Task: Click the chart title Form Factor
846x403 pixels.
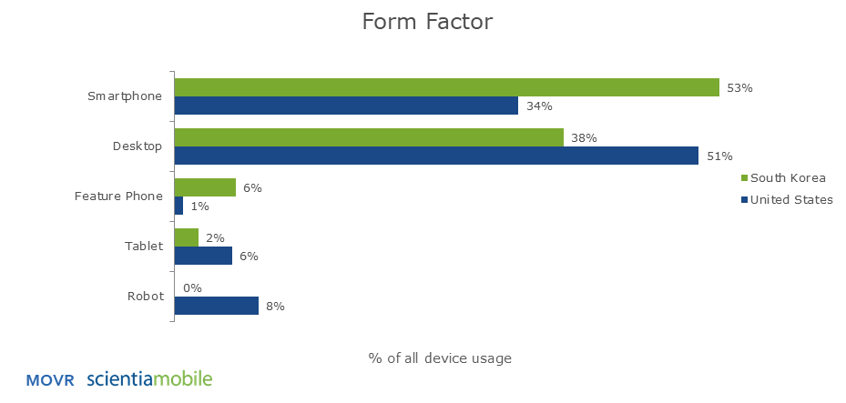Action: click(x=427, y=22)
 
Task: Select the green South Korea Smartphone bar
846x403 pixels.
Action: click(x=447, y=87)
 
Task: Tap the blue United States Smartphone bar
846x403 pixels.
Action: click(x=346, y=106)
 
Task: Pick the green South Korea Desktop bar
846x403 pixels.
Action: click(x=369, y=137)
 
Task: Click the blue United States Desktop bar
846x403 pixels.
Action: click(x=436, y=156)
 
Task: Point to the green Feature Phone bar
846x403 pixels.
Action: click(x=205, y=187)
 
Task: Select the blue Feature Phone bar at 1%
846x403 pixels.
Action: click(x=178, y=206)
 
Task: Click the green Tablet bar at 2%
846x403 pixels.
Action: click(x=187, y=237)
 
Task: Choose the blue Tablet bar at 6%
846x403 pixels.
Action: click(x=203, y=256)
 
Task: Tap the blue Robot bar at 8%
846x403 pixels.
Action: click(x=217, y=306)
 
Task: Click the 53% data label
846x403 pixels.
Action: click(x=739, y=88)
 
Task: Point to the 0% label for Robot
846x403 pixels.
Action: click(x=193, y=288)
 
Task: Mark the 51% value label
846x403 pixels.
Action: click(x=719, y=156)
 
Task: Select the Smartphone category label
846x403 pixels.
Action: click(x=125, y=96)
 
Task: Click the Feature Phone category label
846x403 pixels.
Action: click(x=118, y=196)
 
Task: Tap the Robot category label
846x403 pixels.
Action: click(x=145, y=297)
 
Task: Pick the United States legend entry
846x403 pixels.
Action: click(x=787, y=200)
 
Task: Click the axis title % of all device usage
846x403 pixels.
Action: click(x=440, y=358)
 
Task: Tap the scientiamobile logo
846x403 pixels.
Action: click(x=149, y=378)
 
